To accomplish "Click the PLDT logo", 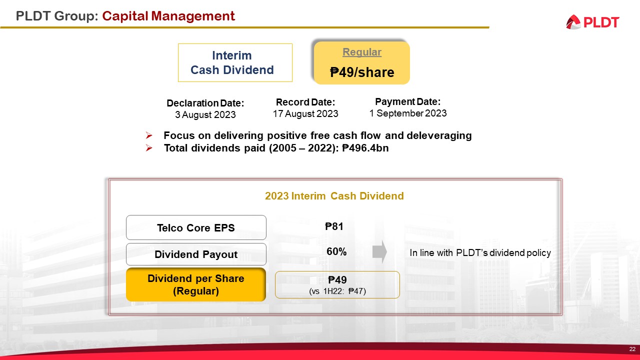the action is (x=592, y=22).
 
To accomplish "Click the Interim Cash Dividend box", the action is (x=235, y=62).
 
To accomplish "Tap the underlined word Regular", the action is (x=361, y=52).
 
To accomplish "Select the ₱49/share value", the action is (x=362, y=72).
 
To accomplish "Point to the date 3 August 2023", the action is (x=205, y=114).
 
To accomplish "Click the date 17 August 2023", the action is (x=305, y=113).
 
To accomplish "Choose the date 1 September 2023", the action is (x=408, y=113).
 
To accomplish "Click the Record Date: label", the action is (x=305, y=102).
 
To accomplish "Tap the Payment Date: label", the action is (x=408, y=101).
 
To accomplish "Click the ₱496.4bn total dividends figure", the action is (x=365, y=148).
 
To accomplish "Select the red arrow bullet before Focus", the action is (x=149, y=135).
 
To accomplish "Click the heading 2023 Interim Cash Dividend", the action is (x=334, y=196).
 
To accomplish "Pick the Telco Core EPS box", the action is (x=196, y=227).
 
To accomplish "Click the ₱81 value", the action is (x=334, y=226).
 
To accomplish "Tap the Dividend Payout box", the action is (x=196, y=254).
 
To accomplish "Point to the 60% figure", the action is (x=336, y=251).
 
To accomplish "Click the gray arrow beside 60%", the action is (x=379, y=251).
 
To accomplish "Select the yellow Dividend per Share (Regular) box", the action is (x=196, y=284).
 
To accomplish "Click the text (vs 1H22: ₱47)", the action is (x=337, y=291).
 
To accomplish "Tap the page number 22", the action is (x=632, y=349).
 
